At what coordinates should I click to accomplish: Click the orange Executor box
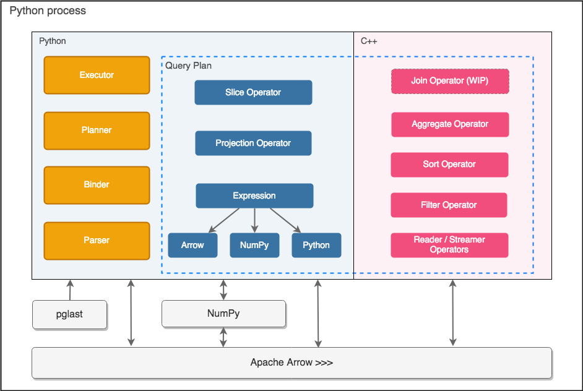click(97, 75)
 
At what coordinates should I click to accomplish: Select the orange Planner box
click(97, 130)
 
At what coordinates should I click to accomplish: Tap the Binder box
click(97, 184)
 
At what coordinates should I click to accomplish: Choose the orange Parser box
click(97, 240)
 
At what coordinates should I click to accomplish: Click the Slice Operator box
click(253, 92)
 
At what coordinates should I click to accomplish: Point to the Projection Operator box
click(253, 143)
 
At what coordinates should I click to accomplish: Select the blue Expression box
click(254, 195)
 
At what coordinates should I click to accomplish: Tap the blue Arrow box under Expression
click(192, 245)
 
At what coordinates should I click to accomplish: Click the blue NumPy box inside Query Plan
click(254, 245)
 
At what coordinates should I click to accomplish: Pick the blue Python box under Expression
click(316, 245)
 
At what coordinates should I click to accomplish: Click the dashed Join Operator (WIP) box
click(450, 81)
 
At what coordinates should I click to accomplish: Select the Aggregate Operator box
click(450, 124)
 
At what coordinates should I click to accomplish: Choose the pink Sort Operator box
click(449, 165)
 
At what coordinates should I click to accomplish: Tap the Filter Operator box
click(449, 205)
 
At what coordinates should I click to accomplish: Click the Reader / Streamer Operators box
click(449, 245)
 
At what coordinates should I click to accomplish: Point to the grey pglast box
click(69, 314)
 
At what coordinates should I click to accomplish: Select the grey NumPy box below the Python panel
click(223, 314)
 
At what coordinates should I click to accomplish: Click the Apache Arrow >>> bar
click(291, 363)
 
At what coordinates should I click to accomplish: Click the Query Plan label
click(188, 66)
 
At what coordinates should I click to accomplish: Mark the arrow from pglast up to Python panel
click(70, 290)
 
